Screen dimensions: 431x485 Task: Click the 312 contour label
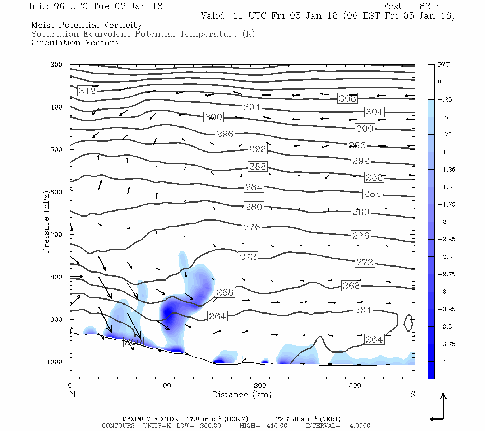click(x=87, y=91)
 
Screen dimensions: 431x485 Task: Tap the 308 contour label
click(x=347, y=98)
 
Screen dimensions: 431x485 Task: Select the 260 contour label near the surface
click(x=133, y=342)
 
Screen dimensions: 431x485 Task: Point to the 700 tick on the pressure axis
click(x=56, y=235)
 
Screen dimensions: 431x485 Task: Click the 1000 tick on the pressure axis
click(x=55, y=362)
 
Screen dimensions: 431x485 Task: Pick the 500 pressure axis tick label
click(x=56, y=150)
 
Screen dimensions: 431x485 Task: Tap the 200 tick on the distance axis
click(x=260, y=386)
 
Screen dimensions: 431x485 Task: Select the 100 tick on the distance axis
click(x=165, y=386)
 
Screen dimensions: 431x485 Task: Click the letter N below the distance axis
click(x=73, y=394)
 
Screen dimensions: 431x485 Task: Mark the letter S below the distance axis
click(x=412, y=394)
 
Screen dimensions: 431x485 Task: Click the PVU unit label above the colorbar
click(x=444, y=65)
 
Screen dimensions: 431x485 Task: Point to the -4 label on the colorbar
click(x=443, y=362)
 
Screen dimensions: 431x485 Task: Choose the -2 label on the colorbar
click(x=443, y=222)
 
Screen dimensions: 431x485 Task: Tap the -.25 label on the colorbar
click(x=445, y=100)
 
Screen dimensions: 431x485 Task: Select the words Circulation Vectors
click(x=75, y=43)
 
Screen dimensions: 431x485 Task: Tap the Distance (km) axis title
click(x=242, y=394)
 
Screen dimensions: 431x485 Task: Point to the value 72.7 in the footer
click(x=282, y=419)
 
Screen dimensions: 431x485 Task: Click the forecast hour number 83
click(x=425, y=6)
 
